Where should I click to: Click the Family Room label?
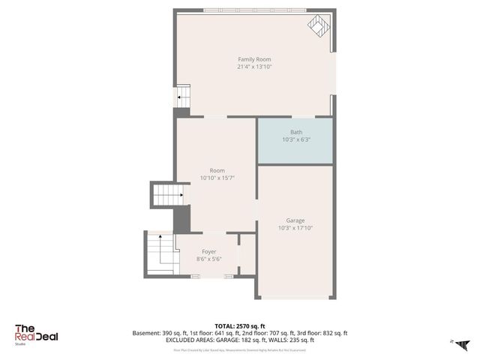(254, 59)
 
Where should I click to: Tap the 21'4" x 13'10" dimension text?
(254, 67)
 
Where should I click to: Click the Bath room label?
(296, 132)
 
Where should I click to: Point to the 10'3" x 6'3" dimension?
(296, 139)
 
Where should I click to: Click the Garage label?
(295, 220)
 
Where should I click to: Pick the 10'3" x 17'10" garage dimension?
(295, 228)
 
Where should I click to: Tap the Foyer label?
(209, 252)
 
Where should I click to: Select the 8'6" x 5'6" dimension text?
(209, 259)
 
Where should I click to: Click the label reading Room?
(217, 170)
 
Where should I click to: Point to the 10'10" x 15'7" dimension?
(217, 178)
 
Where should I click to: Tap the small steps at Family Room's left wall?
(182, 97)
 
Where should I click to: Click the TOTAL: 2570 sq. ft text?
(239, 325)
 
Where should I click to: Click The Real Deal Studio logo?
(36, 334)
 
